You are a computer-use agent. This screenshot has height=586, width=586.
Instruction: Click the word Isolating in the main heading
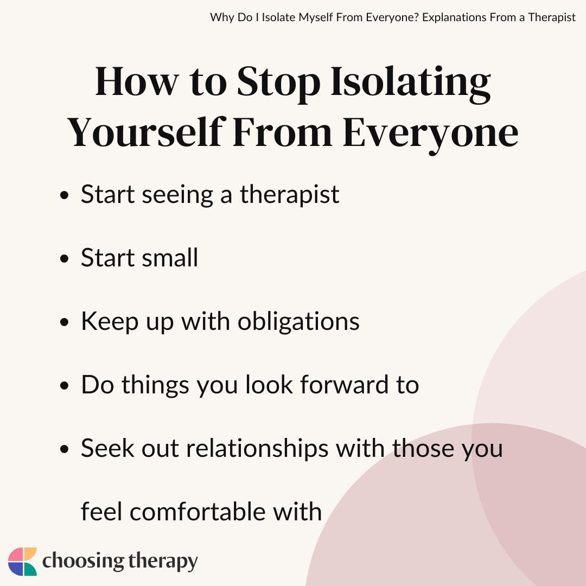[x=411, y=84]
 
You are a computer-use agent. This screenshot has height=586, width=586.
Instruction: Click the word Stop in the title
[x=279, y=84]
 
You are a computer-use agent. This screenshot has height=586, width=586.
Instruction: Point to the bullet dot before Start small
[x=64, y=259]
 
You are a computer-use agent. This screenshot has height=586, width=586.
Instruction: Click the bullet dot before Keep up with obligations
[x=64, y=322]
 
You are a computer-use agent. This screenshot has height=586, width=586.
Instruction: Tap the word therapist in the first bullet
[x=290, y=195]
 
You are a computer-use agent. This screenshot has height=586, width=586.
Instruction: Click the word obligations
[x=298, y=322]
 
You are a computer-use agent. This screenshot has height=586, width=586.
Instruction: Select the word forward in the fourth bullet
[x=344, y=385]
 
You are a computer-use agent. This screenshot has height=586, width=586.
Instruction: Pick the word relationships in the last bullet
[x=258, y=449]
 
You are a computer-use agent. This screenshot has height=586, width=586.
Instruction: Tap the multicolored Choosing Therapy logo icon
[x=22, y=562]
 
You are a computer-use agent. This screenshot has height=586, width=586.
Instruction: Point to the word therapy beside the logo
[x=163, y=562]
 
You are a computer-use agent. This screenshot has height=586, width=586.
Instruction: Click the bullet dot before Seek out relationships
[x=64, y=449]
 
